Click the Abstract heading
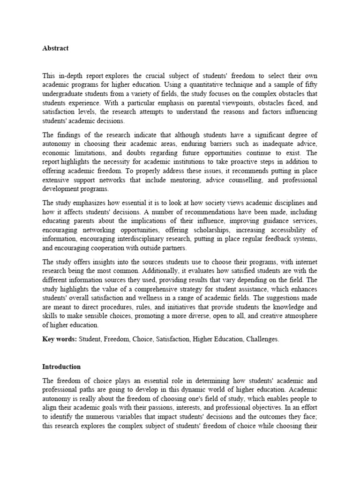pyautogui.click(x=55, y=48)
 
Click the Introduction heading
pyautogui.click(x=61, y=367)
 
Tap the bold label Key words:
pyautogui.click(x=60, y=339)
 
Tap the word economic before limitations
pyautogui.click(x=57, y=153)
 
